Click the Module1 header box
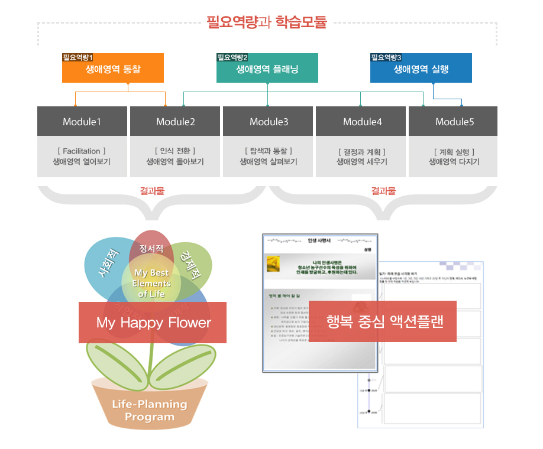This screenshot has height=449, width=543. click(x=82, y=122)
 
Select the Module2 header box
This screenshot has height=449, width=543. click(x=176, y=122)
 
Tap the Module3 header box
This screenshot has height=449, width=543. click(x=269, y=122)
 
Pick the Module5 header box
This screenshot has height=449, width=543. click(x=454, y=122)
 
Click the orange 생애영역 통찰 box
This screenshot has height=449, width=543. click(x=113, y=69)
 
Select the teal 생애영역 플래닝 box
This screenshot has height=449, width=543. click(x=267, y=69)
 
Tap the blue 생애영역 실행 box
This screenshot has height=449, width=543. click(x=421, y=69)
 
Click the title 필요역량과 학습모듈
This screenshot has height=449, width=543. click(x=266, y=24)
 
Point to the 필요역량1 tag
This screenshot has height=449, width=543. click(x=78, y=57)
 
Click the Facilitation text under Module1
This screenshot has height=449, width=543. click(x=82, y=151)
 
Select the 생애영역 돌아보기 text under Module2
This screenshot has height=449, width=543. click(x=175, y=162)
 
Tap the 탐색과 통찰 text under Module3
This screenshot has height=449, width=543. click(x=269, y=151)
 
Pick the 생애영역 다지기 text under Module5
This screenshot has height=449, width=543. click(x=454, y=162)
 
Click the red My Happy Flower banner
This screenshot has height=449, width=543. click(x=153, y=323)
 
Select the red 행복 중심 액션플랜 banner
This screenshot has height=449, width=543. click(x=383, y=321)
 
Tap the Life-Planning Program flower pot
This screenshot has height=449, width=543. click(x=150, y=408)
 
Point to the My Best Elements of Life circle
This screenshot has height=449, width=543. click(x=151, y=282)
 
